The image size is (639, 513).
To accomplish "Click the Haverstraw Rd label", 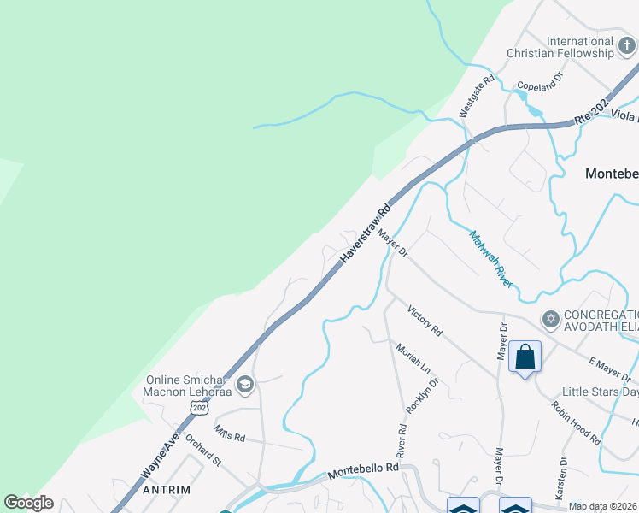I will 366,233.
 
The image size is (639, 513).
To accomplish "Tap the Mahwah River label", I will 490,257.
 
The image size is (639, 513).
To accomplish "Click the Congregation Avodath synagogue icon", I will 551,320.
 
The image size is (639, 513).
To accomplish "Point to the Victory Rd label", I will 425,320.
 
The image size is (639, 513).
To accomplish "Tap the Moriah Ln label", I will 413,357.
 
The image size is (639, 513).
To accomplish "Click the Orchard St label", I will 203,452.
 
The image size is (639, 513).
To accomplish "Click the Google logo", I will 28,503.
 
